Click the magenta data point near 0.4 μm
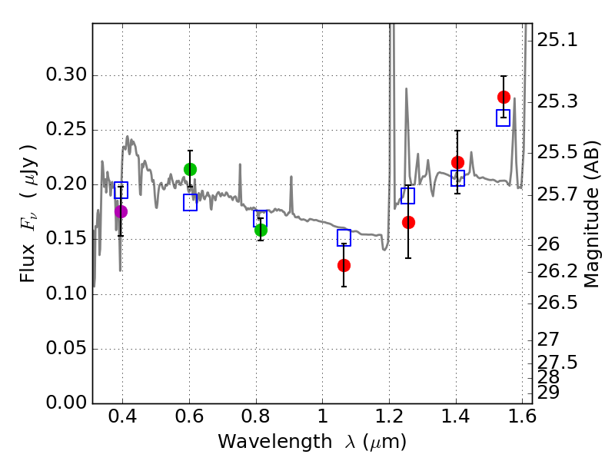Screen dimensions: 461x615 click(x=121, y=211)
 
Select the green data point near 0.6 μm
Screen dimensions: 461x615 click(x=190, y=169)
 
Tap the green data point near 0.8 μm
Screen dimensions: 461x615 click(x=261, y=230)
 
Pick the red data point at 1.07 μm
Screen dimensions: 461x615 click(x=344, y=265)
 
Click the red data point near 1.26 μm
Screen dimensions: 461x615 click(x=408, y=222)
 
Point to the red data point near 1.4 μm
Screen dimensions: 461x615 click(x=457, y=162)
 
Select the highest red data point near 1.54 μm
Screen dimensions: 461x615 click(x=504, y=97)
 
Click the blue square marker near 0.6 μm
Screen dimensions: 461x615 click(x=190, y=202)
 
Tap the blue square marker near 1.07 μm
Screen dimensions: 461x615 click(x=344, y=237)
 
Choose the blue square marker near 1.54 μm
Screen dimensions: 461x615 click(x=504, y=118)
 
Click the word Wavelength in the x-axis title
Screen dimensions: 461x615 click(x=263, y=443)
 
